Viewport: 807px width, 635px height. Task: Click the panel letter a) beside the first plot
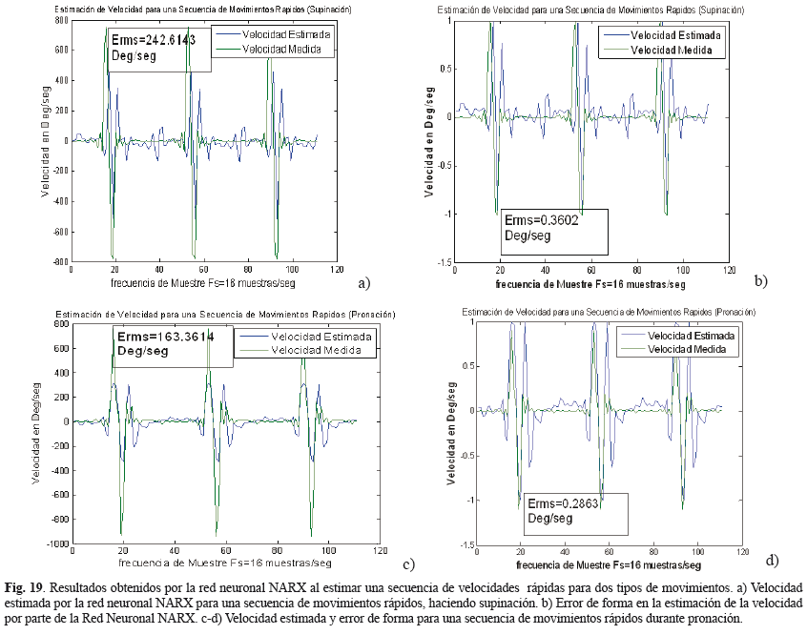362,282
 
